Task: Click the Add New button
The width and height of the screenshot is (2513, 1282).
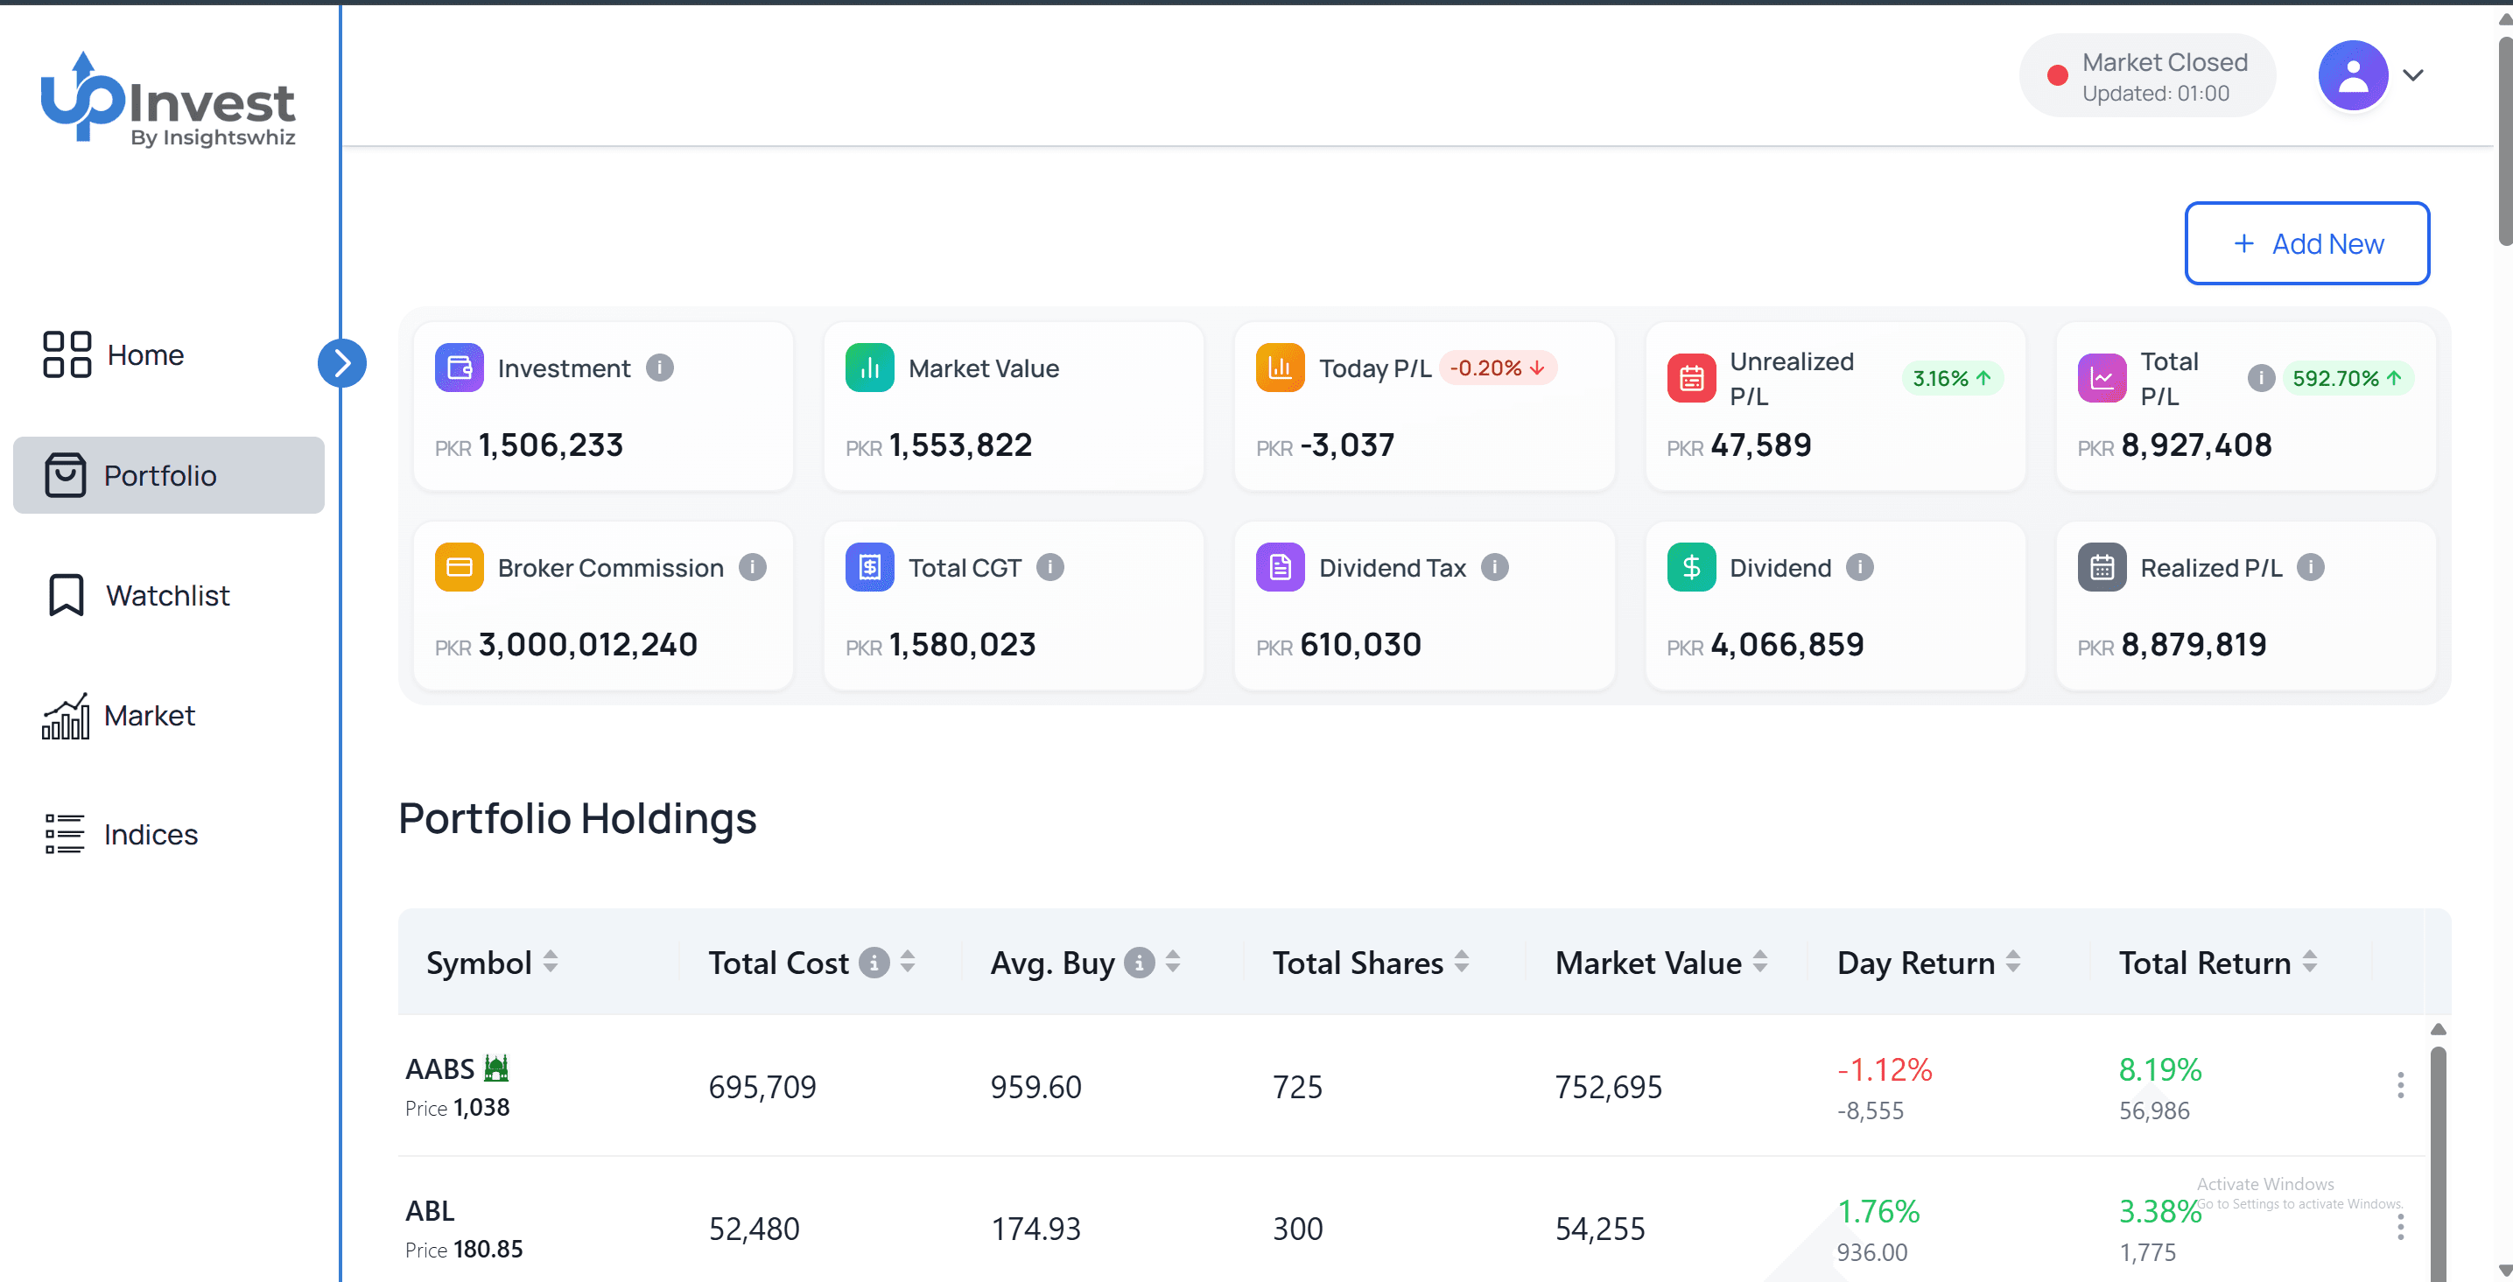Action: [2306, 243]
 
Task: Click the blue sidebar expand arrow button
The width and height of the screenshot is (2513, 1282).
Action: [341, 363]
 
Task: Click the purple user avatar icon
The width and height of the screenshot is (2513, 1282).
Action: [2352, 75]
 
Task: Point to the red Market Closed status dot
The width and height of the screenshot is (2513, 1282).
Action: [2056, 76]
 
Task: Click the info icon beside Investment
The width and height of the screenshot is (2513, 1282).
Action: [659, 368]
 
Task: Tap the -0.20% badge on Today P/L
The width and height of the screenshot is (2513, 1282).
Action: [1497, 368]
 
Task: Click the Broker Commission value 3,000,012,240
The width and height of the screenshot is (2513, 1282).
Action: [587, 644]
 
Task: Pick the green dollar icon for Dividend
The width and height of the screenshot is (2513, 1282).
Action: [1690, 567]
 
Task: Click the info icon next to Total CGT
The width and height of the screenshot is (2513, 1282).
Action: [1049, 567]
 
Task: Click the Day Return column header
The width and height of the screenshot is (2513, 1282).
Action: [1915, 963]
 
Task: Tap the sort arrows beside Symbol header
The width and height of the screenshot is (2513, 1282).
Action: [551, 962]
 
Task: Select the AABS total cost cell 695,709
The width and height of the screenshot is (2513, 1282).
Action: [762, 1086]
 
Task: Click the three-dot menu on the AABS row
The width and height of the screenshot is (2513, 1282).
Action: [2400, 1085]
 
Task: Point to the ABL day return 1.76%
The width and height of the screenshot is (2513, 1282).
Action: [1878, 1211]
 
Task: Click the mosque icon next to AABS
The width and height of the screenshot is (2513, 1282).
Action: [496, 1068]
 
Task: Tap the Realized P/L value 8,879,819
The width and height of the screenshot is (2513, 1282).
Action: [2193, 644]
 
